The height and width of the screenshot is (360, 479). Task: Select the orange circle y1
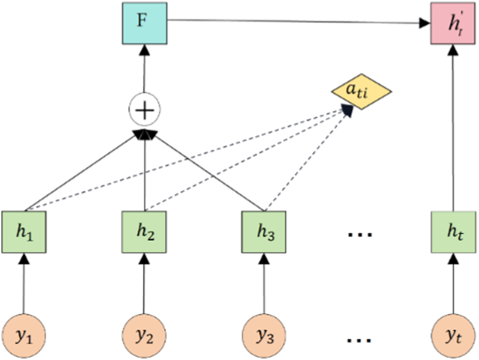click(x=24, y=336)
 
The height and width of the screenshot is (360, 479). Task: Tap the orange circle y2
click(x=144, y=336)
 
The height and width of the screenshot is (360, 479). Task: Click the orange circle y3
click(x=264, y=336)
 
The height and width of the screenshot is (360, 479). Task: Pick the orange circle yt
click(x=450, y=336)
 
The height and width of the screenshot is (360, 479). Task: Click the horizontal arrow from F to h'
click(x=298, y=22)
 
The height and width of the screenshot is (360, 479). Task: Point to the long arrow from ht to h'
click(x=450, y=129)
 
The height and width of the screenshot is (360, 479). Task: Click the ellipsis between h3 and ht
click(x=360, y=234)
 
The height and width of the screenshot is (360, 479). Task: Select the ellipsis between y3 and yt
click(x=360, y=339)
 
